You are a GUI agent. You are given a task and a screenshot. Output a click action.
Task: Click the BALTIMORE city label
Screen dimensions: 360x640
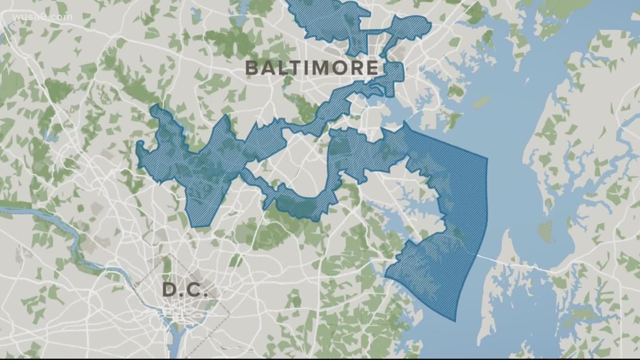[x=312, y=69]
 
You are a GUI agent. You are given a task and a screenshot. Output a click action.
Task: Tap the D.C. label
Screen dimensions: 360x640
[x=185, y=290]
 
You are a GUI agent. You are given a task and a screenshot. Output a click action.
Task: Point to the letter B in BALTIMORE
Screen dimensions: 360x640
[x=252, y=69]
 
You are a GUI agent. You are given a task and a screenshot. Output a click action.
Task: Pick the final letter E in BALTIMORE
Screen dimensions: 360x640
[x=372, y=69]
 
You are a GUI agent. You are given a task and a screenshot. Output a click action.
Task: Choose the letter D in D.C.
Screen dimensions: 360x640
[x=170, y=290]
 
